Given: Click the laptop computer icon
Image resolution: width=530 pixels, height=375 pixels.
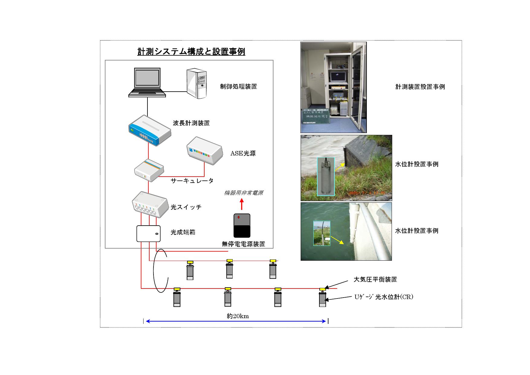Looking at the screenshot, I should click(x=147, y=82).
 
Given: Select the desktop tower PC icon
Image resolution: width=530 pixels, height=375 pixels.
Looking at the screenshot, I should click(x=197, y=83).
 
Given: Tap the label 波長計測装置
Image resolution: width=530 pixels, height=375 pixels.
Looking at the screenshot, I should click(x=191, y=123).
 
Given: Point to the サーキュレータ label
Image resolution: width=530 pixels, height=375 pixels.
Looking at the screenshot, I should click(x=192, y=181).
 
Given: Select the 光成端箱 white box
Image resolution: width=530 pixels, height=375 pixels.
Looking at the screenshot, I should click(x=148, y=233).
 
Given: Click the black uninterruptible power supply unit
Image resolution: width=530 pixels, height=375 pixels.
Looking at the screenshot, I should click(x=242, y=226).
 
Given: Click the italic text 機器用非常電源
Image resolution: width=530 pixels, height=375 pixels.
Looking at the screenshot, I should click(x=244, y=193).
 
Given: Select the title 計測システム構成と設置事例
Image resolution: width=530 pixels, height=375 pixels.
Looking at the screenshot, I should click(x=191, y=52).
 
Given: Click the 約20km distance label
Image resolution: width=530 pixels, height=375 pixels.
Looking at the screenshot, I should click(x=238, y=316).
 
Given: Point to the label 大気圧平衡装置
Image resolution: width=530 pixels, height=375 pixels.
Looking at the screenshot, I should click(x=375, y=279).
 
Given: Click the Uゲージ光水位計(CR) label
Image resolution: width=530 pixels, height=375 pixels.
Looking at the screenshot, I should click(x=384, y=297).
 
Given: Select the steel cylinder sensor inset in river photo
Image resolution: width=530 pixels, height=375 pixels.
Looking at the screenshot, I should click(x=326, y=176).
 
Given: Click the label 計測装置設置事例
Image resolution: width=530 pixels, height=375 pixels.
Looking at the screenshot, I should click(x=420, y=87).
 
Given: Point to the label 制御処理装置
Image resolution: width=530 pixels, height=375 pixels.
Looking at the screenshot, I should click(x=238, y=87).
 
